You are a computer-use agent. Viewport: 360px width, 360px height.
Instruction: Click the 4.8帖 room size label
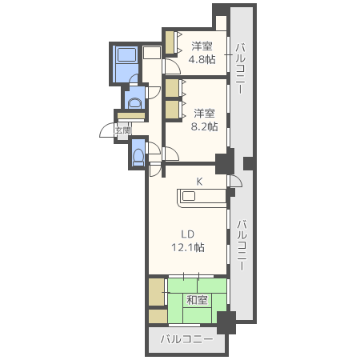(202, 59)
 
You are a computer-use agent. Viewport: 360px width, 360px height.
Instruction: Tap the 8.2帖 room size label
(204, 126)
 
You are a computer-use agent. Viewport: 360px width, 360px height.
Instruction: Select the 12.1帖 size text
(188, 247)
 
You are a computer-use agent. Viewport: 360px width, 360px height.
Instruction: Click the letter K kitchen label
(199, 182)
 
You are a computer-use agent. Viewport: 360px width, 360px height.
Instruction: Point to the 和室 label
(197, 300)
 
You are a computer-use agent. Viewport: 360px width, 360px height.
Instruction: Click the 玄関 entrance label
(123, 130)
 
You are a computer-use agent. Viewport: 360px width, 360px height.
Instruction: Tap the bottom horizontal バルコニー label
(187, 339)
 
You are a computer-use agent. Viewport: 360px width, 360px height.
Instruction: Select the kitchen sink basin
(189, 196)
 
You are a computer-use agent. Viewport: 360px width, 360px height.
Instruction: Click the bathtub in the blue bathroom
(127, 54)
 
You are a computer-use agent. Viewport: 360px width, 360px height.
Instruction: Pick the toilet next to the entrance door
(138, 156)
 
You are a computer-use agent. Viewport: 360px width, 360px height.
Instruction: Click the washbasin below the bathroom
(134, 102)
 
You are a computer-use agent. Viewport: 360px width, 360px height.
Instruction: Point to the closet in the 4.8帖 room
(170, 42)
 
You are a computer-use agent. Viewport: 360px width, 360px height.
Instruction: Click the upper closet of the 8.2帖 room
(172, 88)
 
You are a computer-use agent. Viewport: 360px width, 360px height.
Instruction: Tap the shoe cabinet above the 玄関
(131, 116)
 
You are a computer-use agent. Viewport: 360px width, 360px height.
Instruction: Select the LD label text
(187, 234)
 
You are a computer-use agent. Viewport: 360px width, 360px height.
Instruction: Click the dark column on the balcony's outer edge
(248, 163)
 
